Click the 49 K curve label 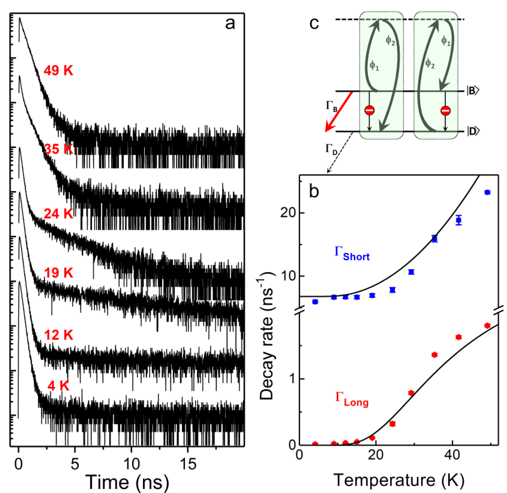[59, 70]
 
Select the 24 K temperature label [59, 214]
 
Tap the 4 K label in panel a [59, 386]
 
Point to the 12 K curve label [59, 335]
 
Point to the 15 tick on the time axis [188, 464]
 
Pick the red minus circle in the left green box [369, 110]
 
